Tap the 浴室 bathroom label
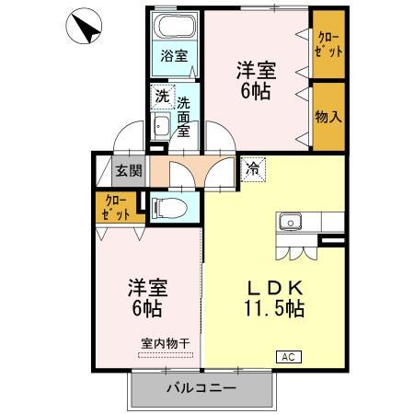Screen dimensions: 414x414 point(174,56)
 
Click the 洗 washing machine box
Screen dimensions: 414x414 point(161,95)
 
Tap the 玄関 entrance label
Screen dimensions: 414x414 point(129,170)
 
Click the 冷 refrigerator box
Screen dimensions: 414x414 point(252,168)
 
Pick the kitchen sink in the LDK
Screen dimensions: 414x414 point(291,222)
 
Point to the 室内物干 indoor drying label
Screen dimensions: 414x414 point(165,343)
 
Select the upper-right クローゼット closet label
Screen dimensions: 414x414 point(328,43)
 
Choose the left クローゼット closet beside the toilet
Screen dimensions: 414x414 point(115,207)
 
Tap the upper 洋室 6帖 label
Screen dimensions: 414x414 point(255,80)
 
